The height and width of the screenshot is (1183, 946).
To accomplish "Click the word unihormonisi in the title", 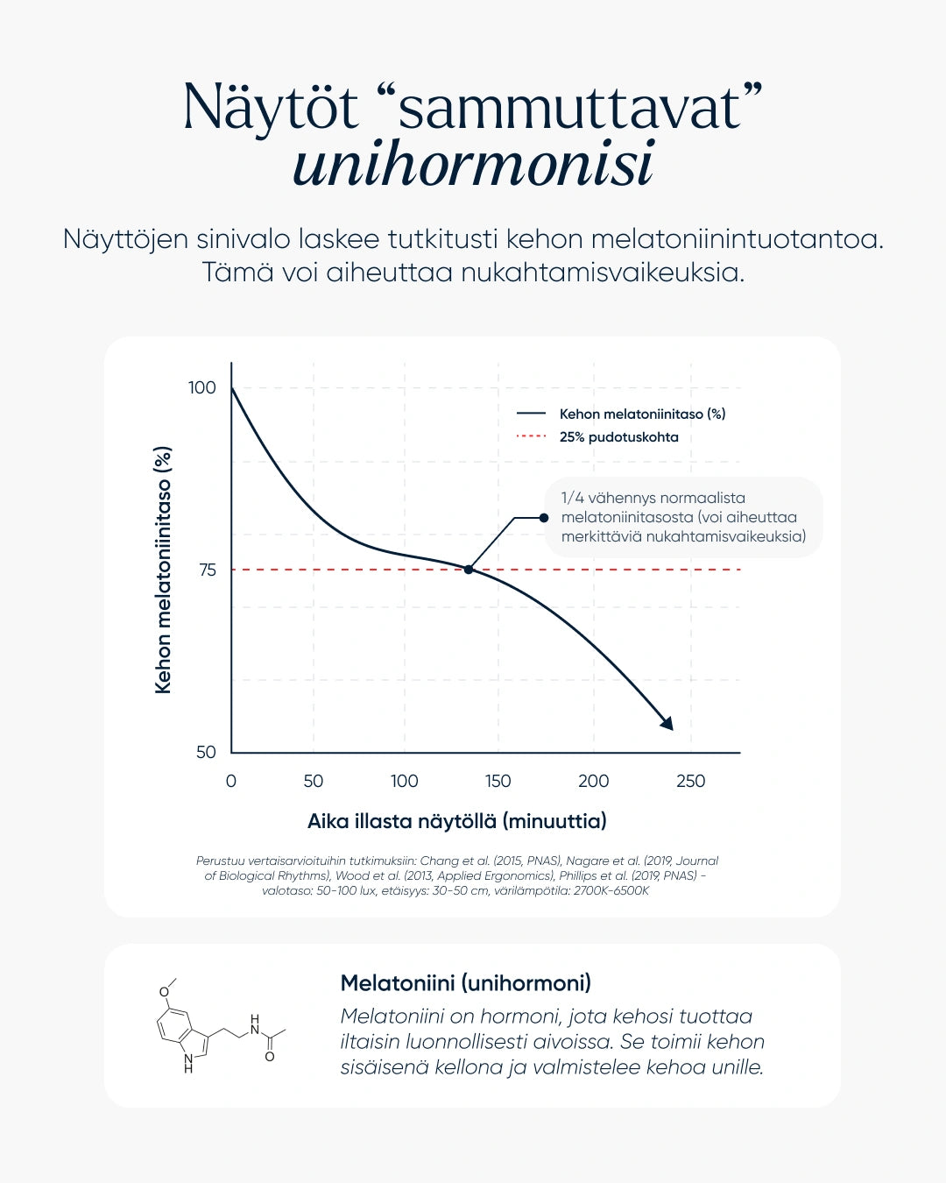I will click(473, 165).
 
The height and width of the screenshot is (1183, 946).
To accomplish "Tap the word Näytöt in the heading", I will click(272, 109).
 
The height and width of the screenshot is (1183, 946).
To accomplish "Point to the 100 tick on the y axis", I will click(202, 387).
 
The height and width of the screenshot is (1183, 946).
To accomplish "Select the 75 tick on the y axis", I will click(208, 570).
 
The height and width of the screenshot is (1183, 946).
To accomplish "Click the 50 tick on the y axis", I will click(206, 752).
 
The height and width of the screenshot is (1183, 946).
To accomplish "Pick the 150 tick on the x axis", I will click(498, 781).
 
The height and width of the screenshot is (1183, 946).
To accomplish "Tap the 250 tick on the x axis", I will click(690, 781).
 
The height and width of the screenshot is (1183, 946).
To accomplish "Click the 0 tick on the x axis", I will click(231, 781).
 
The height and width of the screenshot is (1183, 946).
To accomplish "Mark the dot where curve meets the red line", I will click(469, 570).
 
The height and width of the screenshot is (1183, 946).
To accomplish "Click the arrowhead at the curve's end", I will click(667, 723).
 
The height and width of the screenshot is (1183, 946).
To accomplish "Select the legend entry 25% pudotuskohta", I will click(618, 437).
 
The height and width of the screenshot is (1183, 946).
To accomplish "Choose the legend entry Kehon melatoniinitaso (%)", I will click(642, 414).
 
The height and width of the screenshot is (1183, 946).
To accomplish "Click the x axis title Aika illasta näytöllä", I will click(456, 821).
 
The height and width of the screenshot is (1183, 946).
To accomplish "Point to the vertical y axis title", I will click(163, 570).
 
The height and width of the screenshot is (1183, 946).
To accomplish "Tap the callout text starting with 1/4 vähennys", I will click(683, 517).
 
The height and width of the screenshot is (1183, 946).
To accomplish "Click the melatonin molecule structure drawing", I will click(219, 1025).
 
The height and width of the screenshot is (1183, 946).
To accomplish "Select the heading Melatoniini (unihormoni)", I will click(465, 983).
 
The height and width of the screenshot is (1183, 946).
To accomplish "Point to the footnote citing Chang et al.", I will click(456, 875).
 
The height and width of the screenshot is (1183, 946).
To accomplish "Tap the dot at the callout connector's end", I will click(544, 518).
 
